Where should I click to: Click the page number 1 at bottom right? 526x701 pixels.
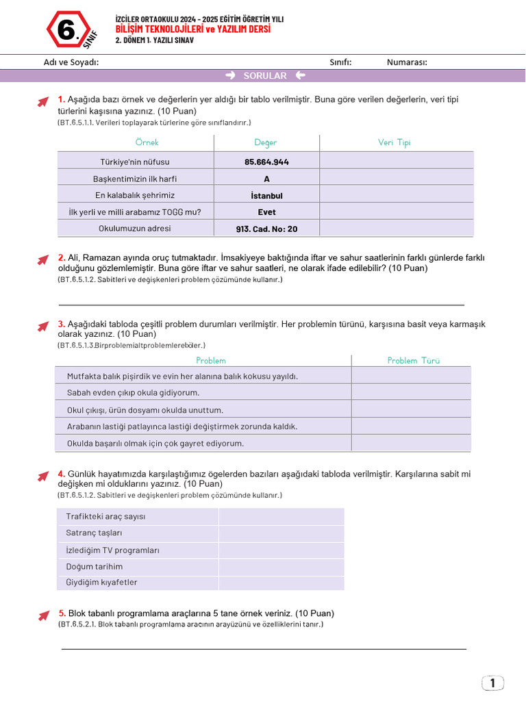tap(492, 683)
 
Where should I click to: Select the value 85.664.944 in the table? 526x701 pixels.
tap(266, 162)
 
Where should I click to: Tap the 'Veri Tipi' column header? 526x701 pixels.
tap(394, 142)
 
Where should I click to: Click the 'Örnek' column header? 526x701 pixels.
tap(147, 142)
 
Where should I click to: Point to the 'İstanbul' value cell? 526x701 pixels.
tap(266, 195)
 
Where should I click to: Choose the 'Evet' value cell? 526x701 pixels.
tap(266, 212)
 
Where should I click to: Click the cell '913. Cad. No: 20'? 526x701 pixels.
tap(266, 229)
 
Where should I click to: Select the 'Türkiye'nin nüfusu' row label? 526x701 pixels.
tap(135, 162)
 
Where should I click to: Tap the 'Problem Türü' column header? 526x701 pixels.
tap(413, 360)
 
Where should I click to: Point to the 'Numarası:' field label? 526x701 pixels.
tap(407, 62)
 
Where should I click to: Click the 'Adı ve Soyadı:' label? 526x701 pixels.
tap(71, 62)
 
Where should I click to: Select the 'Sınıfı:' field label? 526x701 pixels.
tap(340, 62)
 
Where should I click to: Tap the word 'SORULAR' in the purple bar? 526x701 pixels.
tap(265, 76)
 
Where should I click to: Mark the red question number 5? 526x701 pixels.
tap(62, 613)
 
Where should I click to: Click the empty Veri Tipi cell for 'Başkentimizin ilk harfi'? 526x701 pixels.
tap(396, 179)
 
